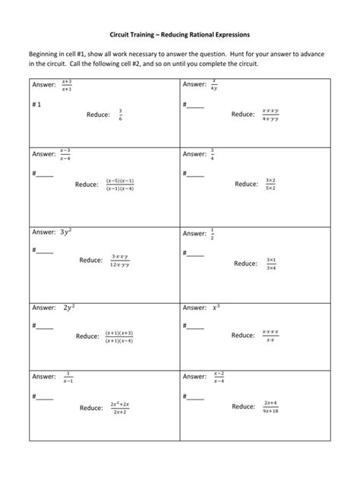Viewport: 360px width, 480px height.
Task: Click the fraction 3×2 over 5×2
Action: click(x=270, y=183)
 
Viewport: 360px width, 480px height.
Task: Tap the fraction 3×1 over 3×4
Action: click(x=271, y=264)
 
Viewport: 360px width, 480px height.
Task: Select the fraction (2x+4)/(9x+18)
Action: click(x=271, y=406)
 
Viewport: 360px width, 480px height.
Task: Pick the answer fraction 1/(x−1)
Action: click(x=68, y=376)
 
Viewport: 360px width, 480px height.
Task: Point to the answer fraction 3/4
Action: click(x=213, y=153)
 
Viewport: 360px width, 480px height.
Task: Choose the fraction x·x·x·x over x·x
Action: click(x=270, y=335)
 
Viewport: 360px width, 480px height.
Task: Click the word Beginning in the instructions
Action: click(x=49, y=55)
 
